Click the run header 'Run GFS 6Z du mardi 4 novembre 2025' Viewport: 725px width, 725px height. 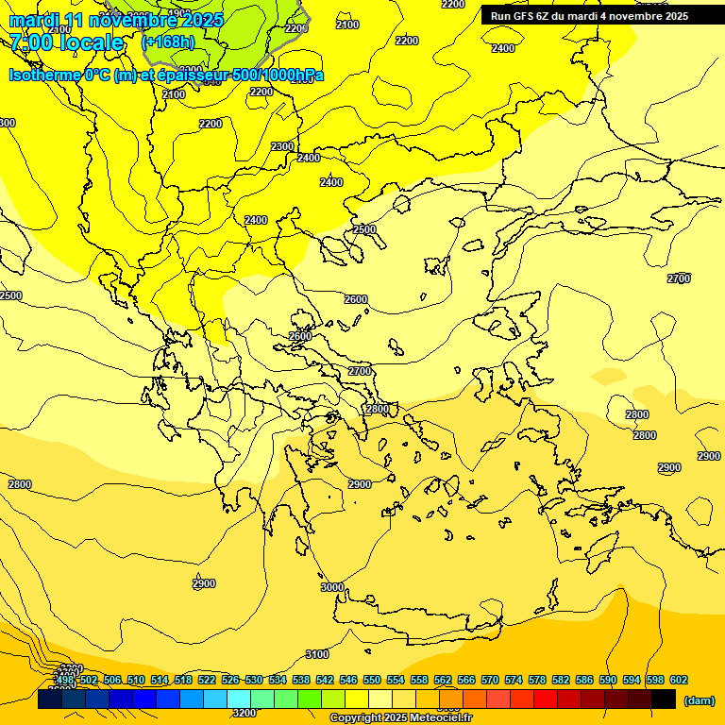589,16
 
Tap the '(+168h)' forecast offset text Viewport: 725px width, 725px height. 168,42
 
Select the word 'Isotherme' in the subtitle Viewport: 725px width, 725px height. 43,76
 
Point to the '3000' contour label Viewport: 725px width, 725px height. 331,587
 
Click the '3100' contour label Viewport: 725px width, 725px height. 317,654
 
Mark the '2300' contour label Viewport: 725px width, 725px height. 282,146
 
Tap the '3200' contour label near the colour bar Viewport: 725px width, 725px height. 244,713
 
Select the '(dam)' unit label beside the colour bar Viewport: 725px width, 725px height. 699,700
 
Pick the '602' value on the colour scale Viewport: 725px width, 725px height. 678,680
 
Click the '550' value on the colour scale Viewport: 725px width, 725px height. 372,680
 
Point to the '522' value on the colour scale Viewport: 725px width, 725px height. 207,680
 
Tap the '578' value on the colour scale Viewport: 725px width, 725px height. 537,680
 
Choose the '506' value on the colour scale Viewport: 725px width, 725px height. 112,680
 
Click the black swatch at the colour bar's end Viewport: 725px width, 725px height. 664,700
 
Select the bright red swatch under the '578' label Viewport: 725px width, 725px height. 546,700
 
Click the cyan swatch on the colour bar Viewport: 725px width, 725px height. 239,700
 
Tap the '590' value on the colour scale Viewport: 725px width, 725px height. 607,680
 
